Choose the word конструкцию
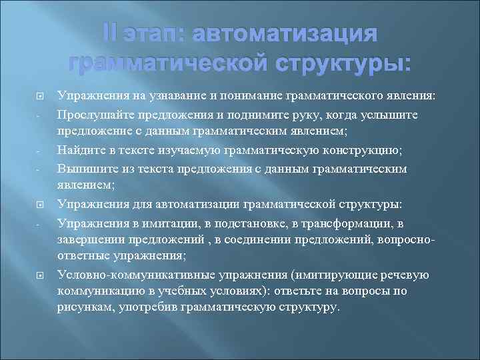point(369,149)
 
